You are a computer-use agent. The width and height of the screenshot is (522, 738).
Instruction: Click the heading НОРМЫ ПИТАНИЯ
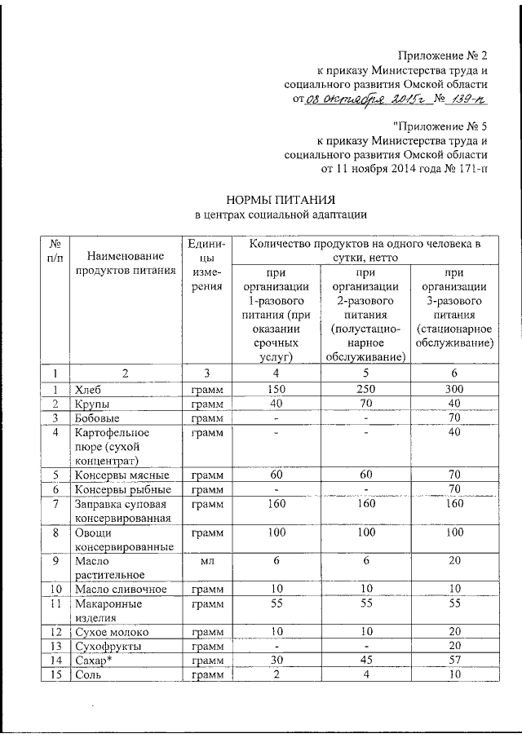click(x=280, y=199)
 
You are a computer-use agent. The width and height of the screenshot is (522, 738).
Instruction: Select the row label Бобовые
click(x=96, y=418)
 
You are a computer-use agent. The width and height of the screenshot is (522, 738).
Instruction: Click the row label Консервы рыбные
click(x=122, y=489)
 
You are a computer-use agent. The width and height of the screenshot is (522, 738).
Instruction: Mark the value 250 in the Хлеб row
click(x=366, y=389)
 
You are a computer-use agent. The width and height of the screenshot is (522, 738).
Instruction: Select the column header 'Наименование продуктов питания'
click(x=126, y=263)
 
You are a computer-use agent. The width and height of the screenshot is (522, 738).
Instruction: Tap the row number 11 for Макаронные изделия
click(x=54, y=604)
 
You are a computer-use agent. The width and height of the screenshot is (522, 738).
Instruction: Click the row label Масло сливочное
click(x=121, y=590)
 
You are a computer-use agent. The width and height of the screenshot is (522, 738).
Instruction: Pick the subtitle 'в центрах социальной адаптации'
click(x=280, y=215)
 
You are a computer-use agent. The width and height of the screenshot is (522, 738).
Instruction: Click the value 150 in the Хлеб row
click(x=276, y=389)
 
